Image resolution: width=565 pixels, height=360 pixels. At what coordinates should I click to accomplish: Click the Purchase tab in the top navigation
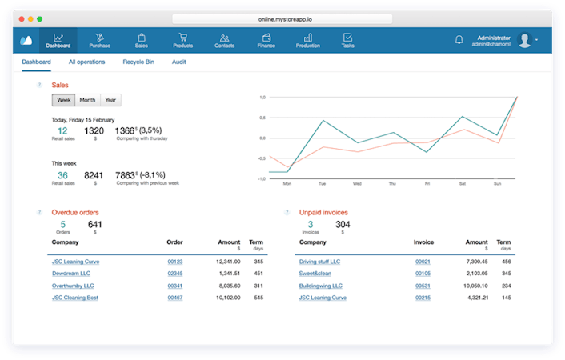(x=99, y=40)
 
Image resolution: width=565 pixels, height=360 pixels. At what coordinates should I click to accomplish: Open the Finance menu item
(x=266, y=40)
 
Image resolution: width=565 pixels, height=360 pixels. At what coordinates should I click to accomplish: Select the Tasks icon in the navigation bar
(x=347, y=40)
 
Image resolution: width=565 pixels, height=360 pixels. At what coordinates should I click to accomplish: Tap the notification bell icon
(x=459, y=39)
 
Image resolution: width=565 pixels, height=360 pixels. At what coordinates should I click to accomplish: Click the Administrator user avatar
(x=524, y=39)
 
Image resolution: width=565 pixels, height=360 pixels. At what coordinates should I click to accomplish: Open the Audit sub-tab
(x=179, y=62)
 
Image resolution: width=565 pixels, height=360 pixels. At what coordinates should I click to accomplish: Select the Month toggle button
(x=87, y=100)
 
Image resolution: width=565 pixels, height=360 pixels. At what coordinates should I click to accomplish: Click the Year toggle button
(x=110, y=100)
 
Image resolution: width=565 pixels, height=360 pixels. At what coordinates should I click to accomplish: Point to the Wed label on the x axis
(x=357, y=183)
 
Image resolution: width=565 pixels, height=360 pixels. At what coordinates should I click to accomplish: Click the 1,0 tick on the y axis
(x=262, y=97)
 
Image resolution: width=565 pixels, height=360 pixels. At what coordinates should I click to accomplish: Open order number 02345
(x=175, y=273)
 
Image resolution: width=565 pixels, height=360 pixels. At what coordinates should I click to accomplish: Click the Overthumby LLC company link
(x=73, y=285)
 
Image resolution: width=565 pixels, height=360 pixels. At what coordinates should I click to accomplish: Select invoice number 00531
(x=423, y=285)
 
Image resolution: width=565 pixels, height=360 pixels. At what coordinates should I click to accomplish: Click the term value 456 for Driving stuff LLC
(x=506, y=261)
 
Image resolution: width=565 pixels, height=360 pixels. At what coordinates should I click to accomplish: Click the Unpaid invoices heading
(x=323, y=212)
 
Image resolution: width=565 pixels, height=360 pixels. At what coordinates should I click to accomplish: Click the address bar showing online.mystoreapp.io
(x=282, y=18)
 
